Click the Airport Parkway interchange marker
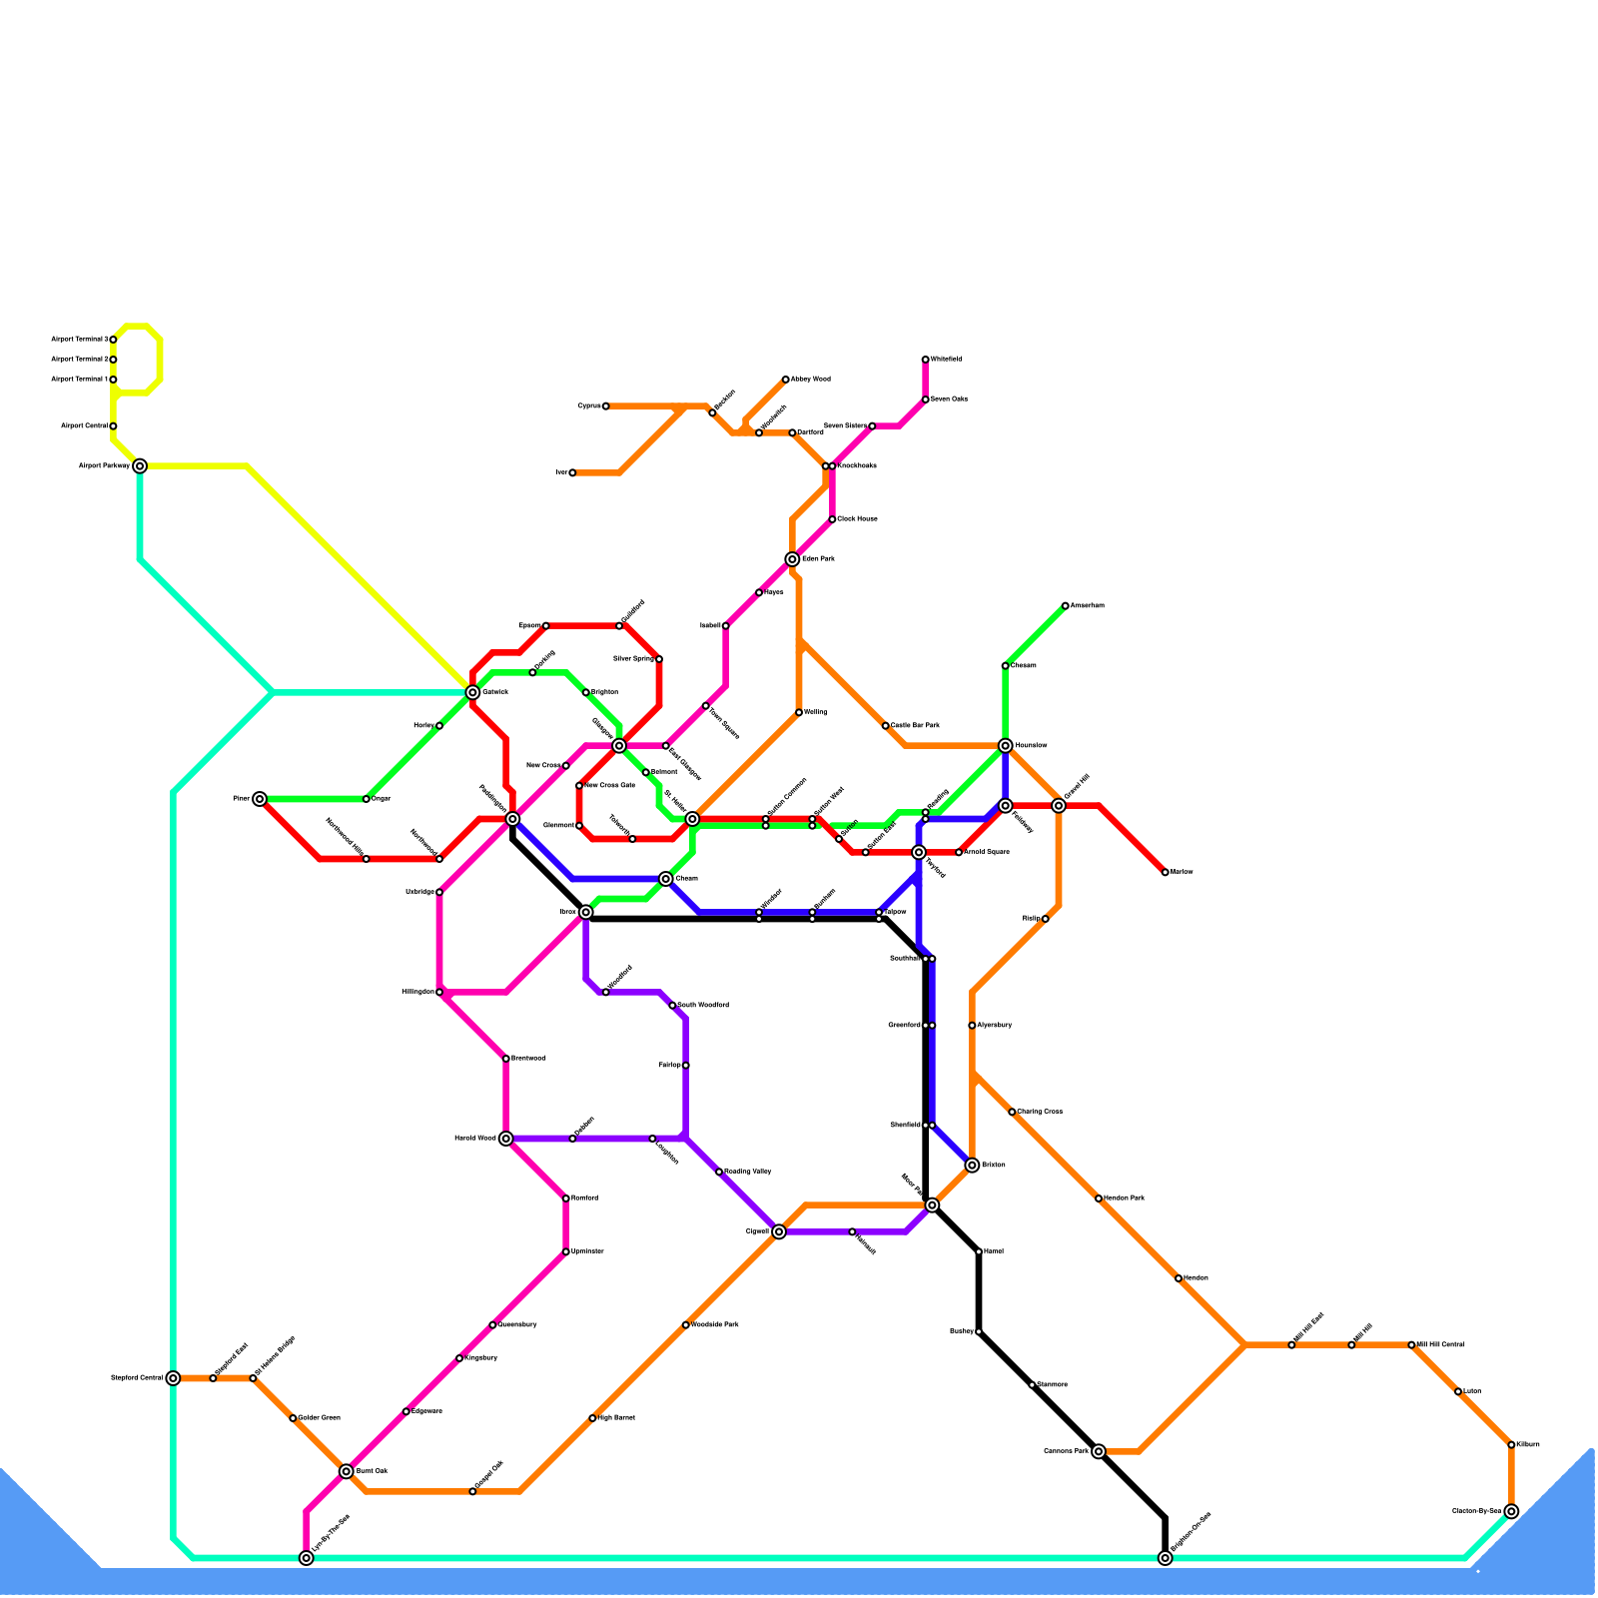point(140,465)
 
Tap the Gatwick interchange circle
point(472,692)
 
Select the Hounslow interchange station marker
point(1005,745)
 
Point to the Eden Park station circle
point(792,559)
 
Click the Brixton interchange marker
point(972,1165)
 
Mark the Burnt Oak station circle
point(346,1471)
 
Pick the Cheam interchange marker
point(666,879)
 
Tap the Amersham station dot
point(1065,605)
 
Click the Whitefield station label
point(947,359)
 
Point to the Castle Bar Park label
point(915,725)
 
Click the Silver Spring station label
point(633,658)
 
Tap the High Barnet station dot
point(592,1418)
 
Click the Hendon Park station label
point(1125,1198)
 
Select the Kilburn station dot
point(1511,1444)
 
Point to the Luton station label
point(1472,1391)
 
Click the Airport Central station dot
point(113,426)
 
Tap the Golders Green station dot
point(293,1418)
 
